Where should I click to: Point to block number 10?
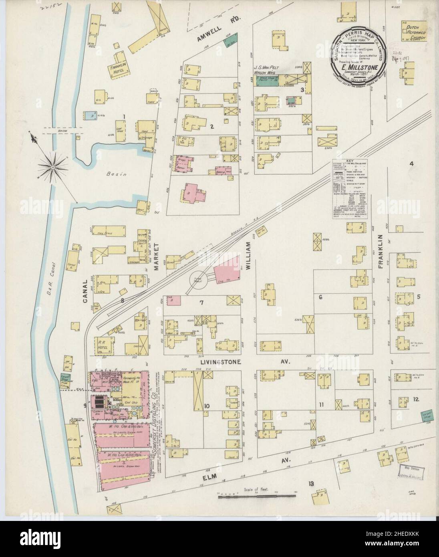point(207,406)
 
